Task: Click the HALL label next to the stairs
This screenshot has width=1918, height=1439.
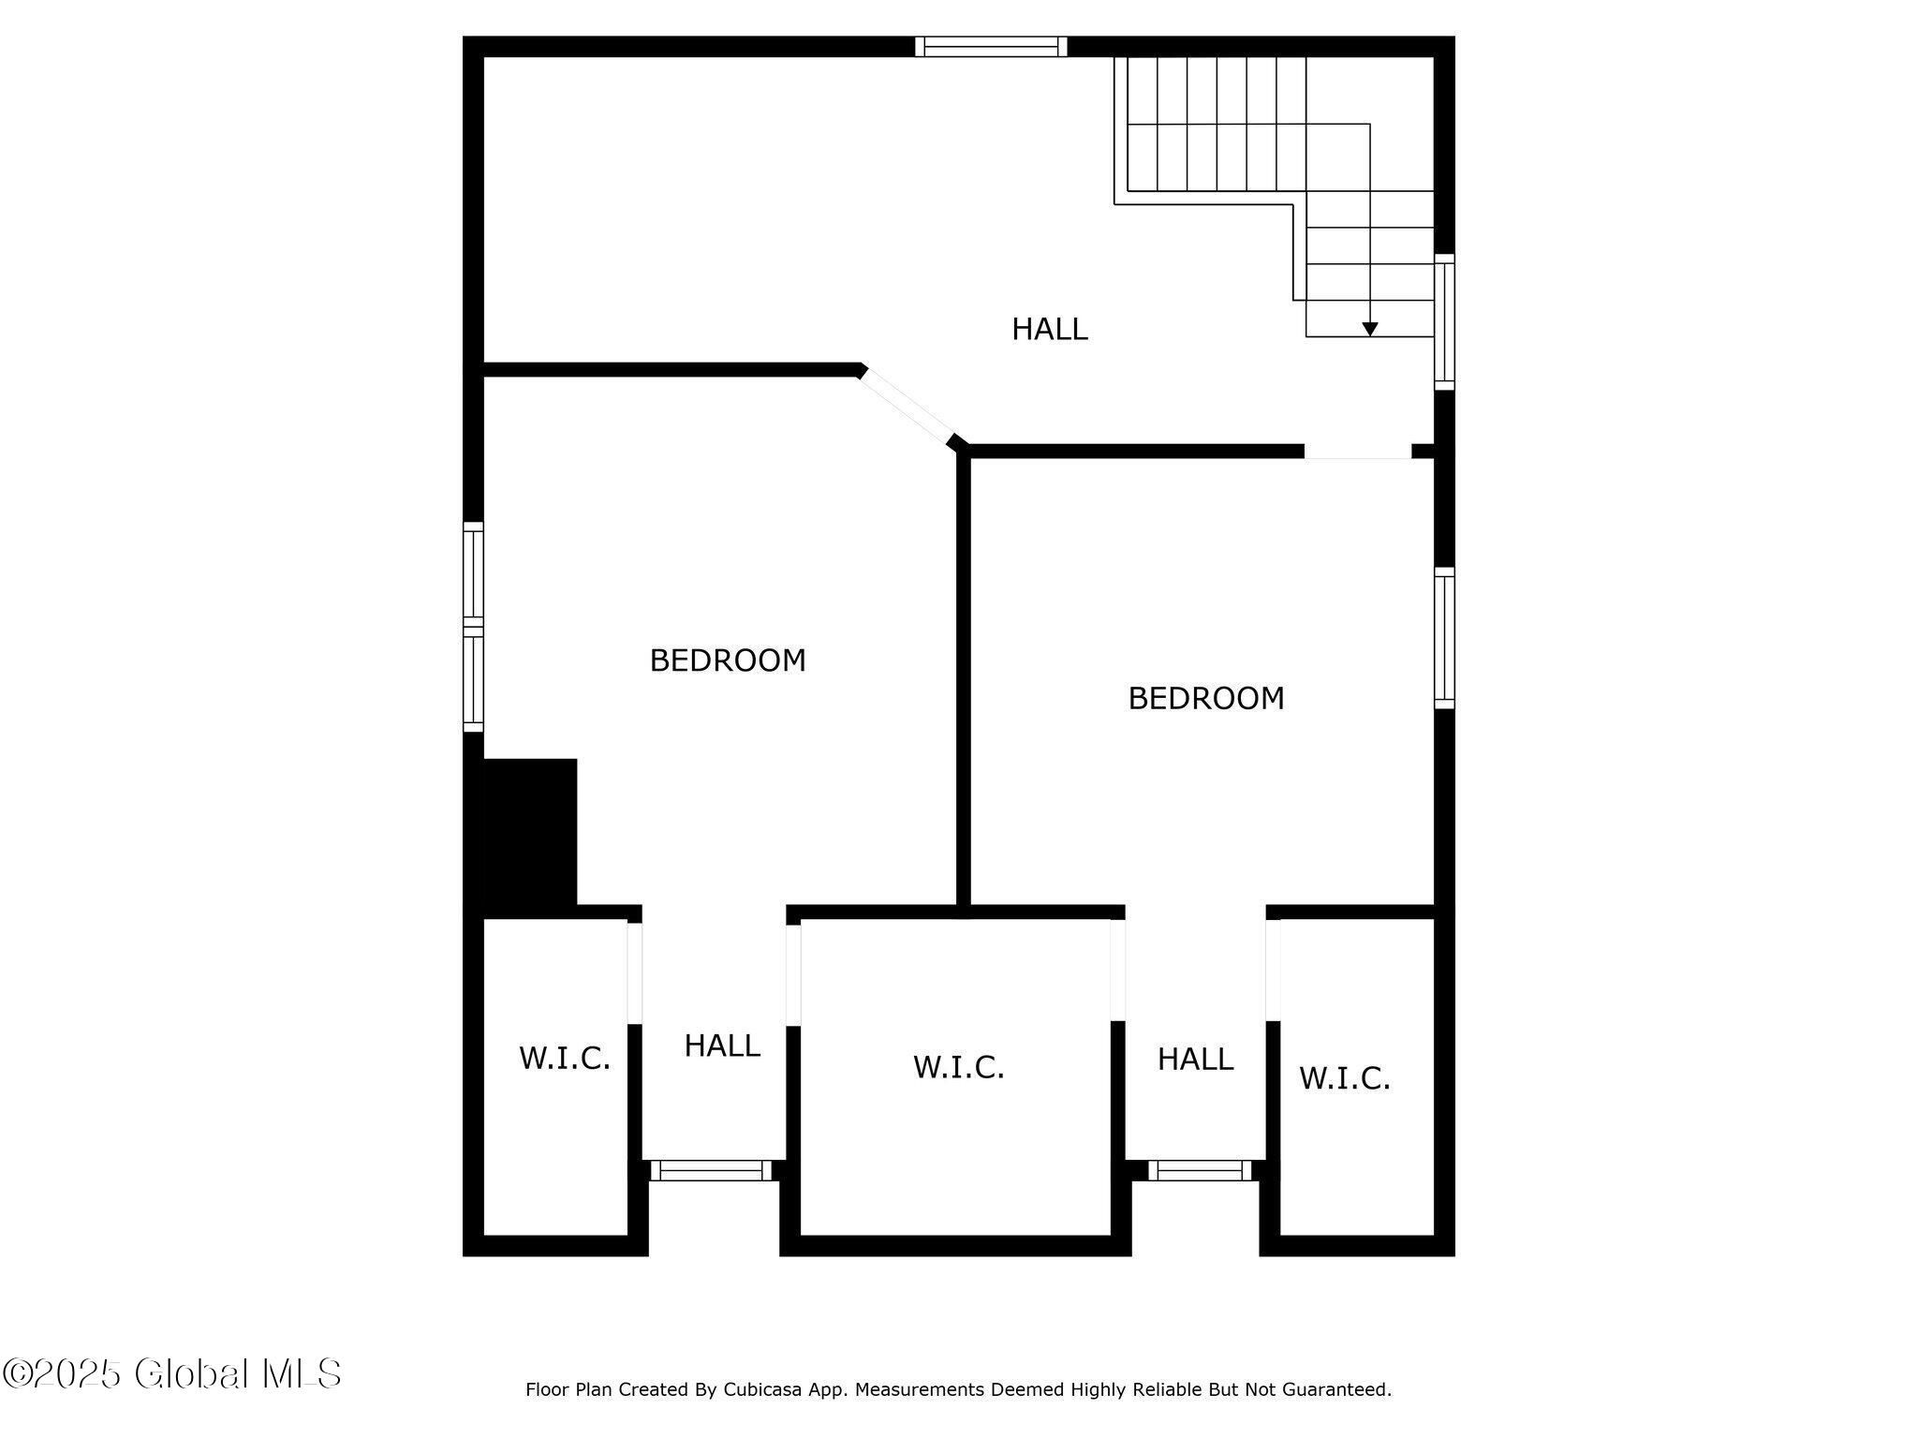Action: [x=1049, y=329]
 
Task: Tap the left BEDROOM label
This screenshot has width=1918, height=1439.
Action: [x=728, y=660]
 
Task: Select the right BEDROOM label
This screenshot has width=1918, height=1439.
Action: [x=1206, y=698]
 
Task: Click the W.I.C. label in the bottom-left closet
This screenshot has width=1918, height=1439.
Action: [x=565, y=1059]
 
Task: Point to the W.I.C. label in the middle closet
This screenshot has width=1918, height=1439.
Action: [x=959, y=1067]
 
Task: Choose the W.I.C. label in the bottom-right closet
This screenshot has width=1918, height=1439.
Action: [x=1345, y=1078]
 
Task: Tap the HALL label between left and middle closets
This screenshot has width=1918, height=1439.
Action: [x=722, y=1046]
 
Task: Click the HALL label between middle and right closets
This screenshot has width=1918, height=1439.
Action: [x=1195, y=1059]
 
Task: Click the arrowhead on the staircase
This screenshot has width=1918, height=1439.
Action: [x=1370, y=329]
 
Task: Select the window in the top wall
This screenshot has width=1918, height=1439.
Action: [x=991, y=47]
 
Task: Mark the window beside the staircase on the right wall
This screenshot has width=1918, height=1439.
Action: [x=1445, y=321]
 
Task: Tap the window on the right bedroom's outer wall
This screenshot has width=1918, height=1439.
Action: [x=1445, y=638]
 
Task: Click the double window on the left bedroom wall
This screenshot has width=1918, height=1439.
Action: [x=474, y=627]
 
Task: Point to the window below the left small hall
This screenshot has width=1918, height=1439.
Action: [x=712, y=1170]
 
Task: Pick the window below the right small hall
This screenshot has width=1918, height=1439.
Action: [x=1200, y=1170]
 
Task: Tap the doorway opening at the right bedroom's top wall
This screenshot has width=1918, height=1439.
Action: [x=1358, y=452]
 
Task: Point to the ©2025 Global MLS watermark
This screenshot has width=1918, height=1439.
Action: [x=172, y=1373]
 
